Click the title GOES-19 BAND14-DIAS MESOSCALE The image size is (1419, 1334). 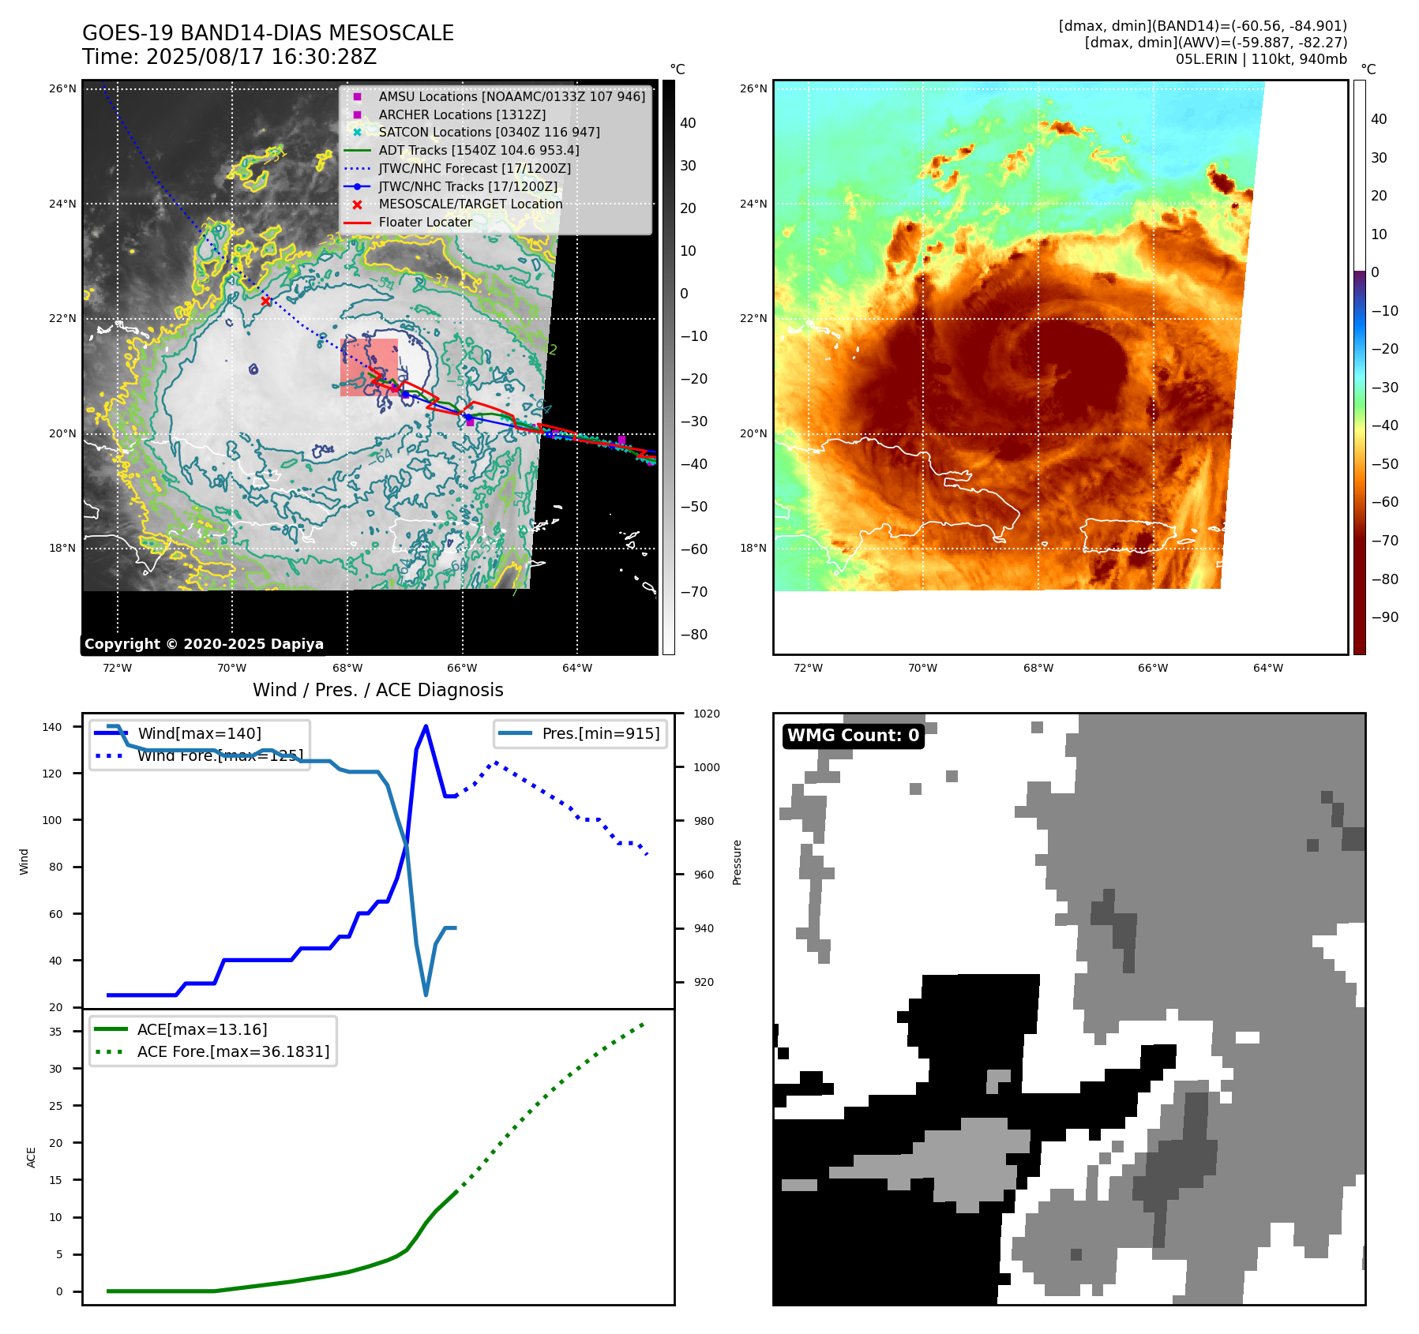pyautogui.click(x=268, y=33)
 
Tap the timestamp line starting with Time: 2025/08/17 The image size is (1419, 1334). pyautogui.click(x=229, y=57)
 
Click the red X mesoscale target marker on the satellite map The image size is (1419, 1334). pyautogui.click(x=265, y=301)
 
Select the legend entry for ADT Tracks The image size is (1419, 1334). pyautogui.click(x=479, y=150)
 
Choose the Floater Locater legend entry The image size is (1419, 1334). pyautogui.click(x=425, y=222)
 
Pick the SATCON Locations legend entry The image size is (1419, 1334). pyautogui.click(x=489, y=132)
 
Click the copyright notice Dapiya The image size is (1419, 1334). pyautogui.click(x=204, y=644)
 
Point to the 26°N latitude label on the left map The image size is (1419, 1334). pyautogui.click(x=62, y=88)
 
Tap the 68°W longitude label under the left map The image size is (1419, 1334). pyautogui.click(x=347, y=668)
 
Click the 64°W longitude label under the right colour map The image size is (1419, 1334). pyautogui.click(x=1267, y=668)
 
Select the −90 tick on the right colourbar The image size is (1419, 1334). pyautogui.click(x=1384, y=617)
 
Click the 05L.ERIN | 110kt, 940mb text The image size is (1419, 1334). pyautogui.click(x=1261, y=59)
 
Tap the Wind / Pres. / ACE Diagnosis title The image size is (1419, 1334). pyautogui.click(x=377, y=690)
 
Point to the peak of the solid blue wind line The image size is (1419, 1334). pyautogui.click(x=426, y=725)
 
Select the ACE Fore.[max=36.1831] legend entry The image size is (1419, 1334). pyautogui.click(x=233, y=1051)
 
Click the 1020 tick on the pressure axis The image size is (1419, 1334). pyautogui.click(x=706, y=714)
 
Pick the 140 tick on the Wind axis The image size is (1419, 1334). pyautogui.click(x=51, y=727)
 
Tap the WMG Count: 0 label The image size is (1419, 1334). pyautogui.click(x=853, y=736)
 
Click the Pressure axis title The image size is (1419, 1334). pyautogui.click(x=737, y=862)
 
